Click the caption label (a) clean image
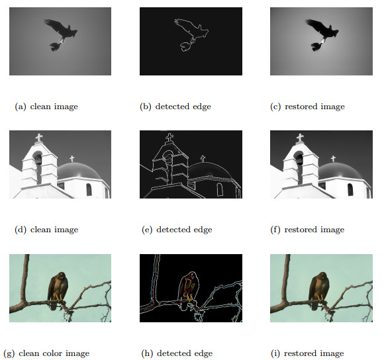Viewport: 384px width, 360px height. (46, 107)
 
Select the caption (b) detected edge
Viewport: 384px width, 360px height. (175, 107)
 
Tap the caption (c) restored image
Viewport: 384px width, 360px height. (307, 107)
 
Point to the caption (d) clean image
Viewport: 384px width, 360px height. (46, 230)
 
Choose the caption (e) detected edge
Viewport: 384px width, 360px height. (177, 230)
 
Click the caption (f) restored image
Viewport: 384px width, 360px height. (307, 230)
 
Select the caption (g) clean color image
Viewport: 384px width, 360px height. (46, 353)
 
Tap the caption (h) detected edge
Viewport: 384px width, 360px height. (177, 353)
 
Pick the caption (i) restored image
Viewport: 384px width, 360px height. (307, 353)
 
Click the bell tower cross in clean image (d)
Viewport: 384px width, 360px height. (39, 138)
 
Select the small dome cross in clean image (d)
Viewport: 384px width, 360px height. (72, 159)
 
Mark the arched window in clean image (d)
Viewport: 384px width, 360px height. (89, 189)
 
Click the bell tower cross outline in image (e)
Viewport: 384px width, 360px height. (169, 138)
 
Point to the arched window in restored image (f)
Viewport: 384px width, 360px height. (350, 189)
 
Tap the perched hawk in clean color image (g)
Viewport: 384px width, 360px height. (58, 290)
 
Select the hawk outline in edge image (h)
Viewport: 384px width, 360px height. (188, 289)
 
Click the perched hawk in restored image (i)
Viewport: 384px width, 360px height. (319, 290)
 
